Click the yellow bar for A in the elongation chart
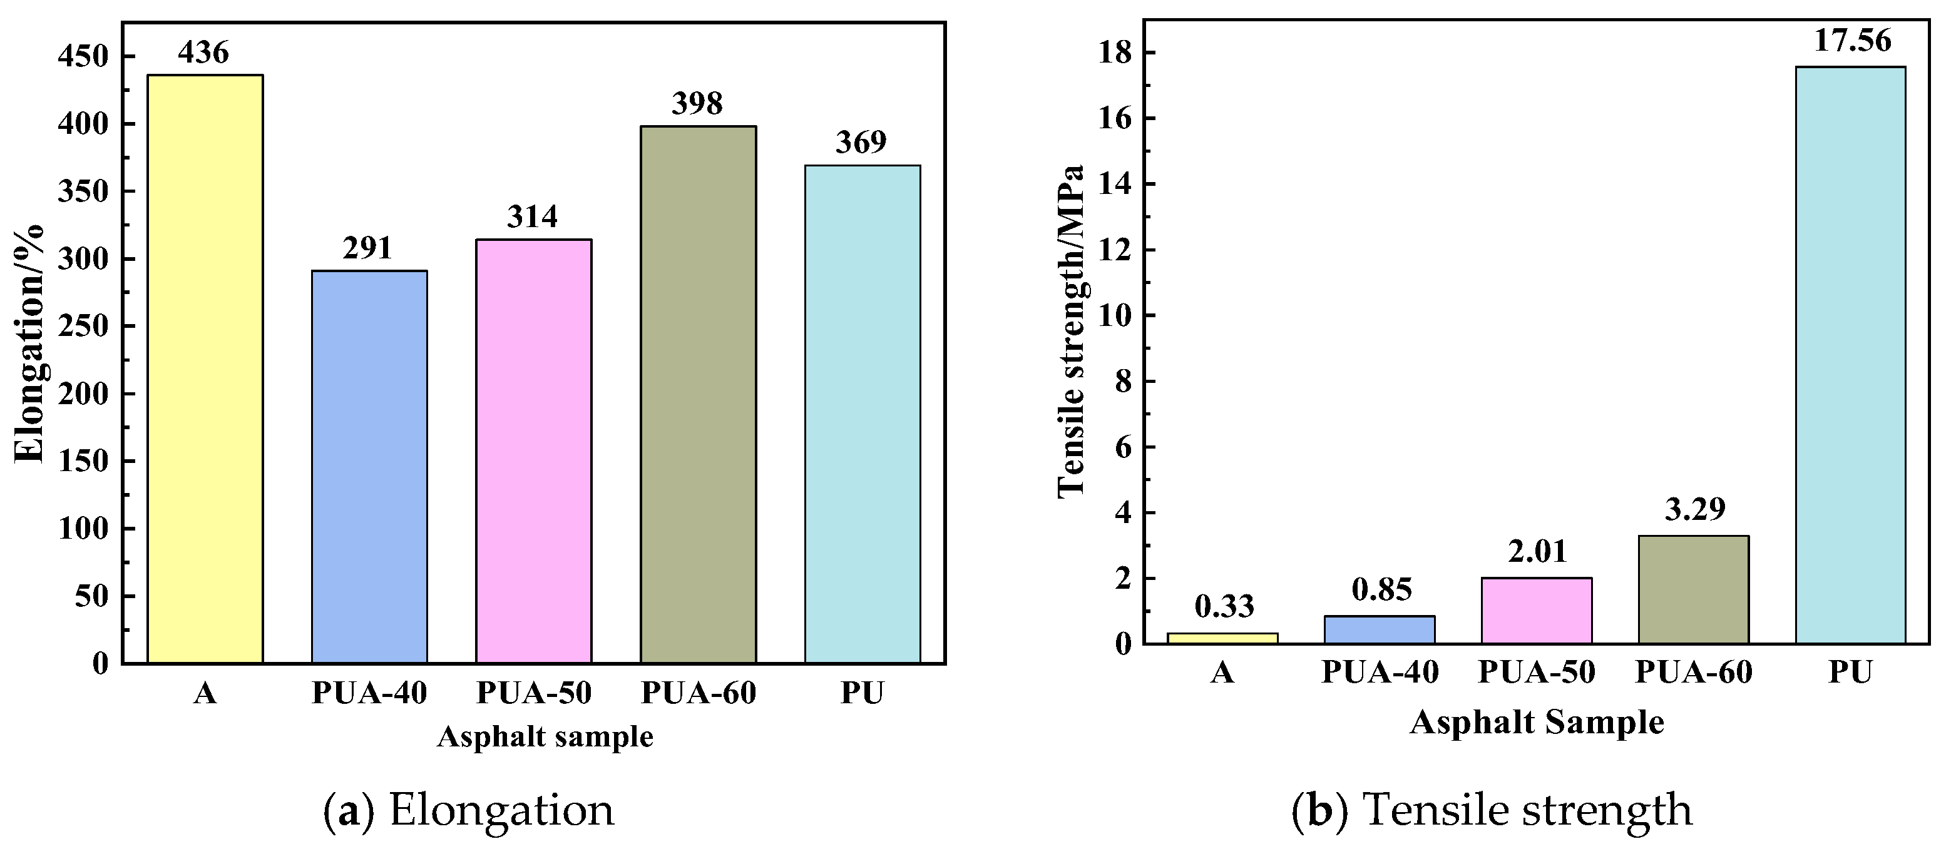coord(205,369)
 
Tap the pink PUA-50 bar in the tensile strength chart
coord(1536,611)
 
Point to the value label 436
coord(203,53)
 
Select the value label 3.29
coord(1695,509)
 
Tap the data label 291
coord(367,248)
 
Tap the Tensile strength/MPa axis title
coord(1071,330)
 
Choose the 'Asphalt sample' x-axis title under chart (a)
coord(545,736)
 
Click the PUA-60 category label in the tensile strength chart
coord(1694,672)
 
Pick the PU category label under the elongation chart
coord(862,693)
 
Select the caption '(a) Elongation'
coord(469,810)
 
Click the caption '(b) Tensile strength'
coord(1492,810)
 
